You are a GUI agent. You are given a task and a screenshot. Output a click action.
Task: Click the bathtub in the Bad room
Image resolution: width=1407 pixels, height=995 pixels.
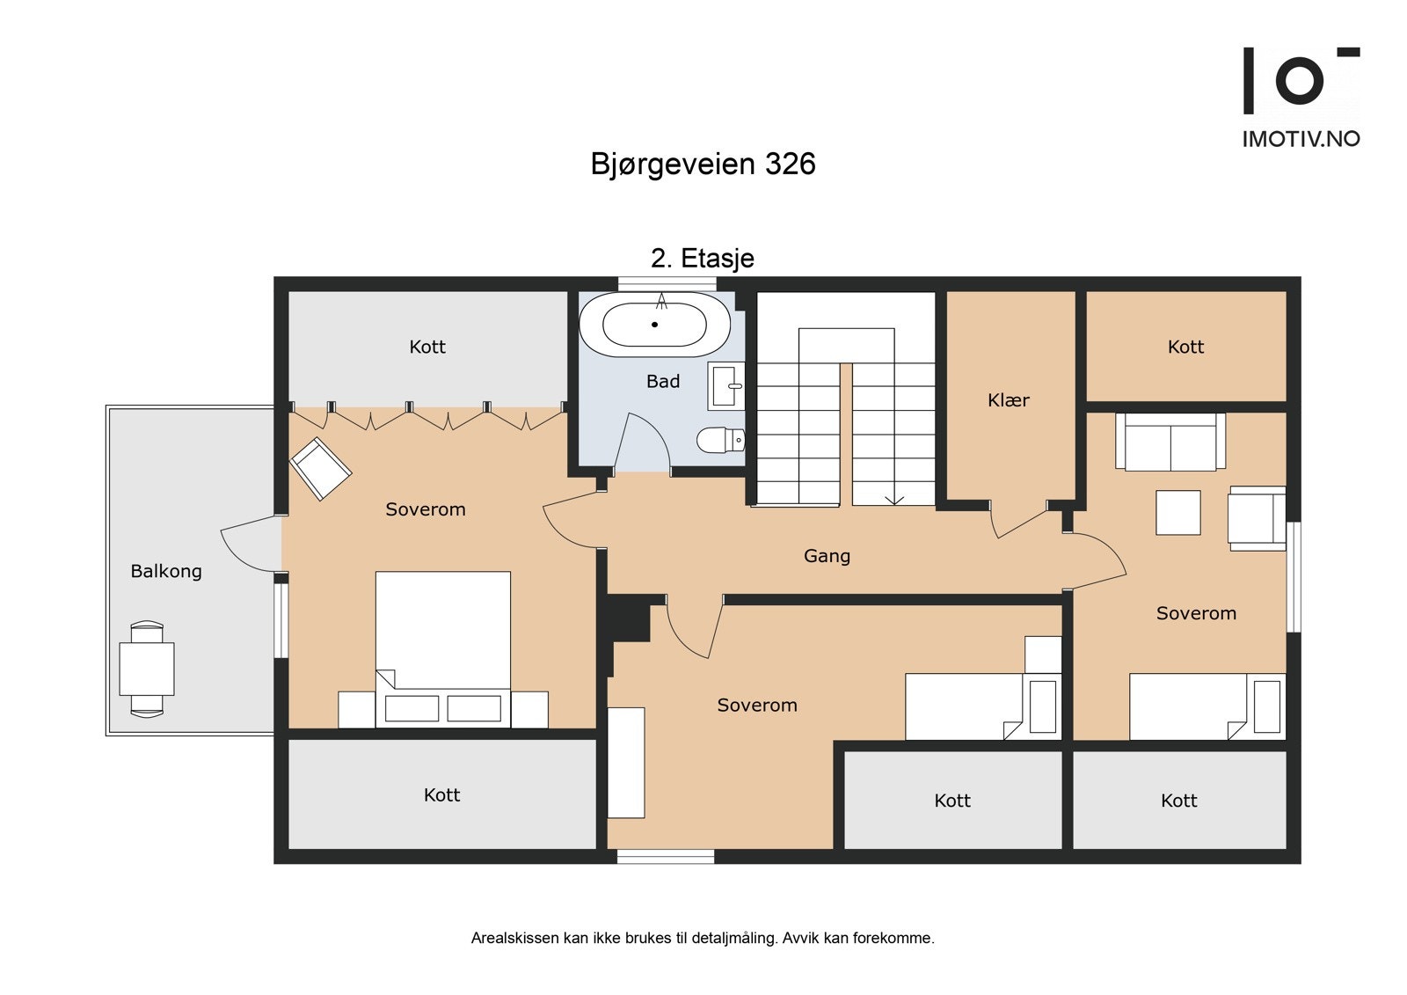pos(654,325)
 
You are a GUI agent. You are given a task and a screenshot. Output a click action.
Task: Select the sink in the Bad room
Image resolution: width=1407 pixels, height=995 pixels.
pos(725,385)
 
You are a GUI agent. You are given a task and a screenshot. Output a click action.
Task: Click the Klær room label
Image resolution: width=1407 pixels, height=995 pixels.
pos(1008,400)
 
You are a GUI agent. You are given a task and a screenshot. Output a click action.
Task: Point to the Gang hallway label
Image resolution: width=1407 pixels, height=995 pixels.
pos(827,556)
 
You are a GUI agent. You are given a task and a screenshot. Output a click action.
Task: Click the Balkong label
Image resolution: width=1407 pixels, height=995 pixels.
pos(166,571)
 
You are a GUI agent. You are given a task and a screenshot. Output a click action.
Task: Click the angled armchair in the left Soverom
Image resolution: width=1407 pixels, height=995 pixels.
pos(321,468)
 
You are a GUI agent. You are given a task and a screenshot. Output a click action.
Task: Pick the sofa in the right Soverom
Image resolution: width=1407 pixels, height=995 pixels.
pos(1170,442)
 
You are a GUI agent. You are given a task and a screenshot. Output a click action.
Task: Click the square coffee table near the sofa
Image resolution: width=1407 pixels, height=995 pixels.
pos(1177,513)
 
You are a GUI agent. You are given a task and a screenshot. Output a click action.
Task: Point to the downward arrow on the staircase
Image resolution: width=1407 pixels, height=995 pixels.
pos(894,499)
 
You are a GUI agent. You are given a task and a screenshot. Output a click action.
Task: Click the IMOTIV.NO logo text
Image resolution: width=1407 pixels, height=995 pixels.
pos(1301,139)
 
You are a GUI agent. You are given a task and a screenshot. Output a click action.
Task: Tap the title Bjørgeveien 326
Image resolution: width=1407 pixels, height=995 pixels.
pos(703,165)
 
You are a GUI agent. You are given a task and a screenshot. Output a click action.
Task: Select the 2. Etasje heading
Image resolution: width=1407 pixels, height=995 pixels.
pos(702,259)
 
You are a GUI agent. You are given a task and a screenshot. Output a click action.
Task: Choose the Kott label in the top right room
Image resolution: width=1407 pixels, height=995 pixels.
pos(1185,347)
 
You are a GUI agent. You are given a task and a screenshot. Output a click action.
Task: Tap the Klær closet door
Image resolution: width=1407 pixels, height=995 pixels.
pos(1020,523)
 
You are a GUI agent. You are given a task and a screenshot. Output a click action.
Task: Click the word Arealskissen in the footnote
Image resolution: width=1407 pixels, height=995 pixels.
pos(514,938)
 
